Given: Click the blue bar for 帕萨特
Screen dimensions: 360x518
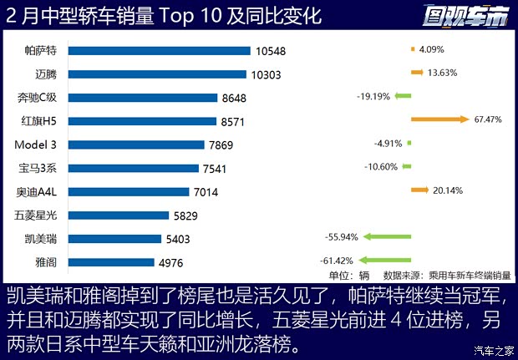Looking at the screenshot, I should click(159, 50).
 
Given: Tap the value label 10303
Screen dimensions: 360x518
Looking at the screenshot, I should click(271, 74).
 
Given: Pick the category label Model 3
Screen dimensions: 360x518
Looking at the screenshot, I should click(36, 145).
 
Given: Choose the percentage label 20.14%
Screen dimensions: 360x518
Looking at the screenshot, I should click(447, 190).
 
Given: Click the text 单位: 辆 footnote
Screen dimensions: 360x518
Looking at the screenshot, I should click(349, 275).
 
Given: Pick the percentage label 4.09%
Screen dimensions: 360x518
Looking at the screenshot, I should click(432, 49).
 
